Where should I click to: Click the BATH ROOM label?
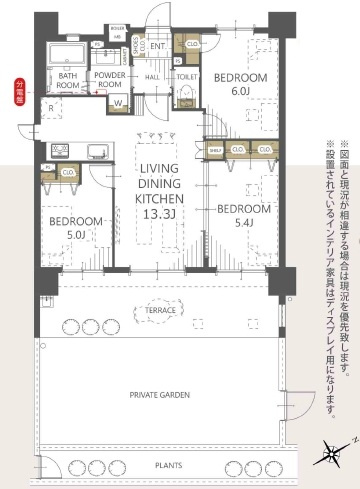click(69, 80)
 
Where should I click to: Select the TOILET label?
click(187, 75)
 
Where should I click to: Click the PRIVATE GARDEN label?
click(159, 395)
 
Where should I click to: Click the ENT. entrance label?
click(158, 45)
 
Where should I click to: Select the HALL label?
click(153, 75)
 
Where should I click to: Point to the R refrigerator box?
click(49, 107)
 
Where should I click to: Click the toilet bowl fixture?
click(186, 94)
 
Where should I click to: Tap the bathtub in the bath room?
click(69, 54)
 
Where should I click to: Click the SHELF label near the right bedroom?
click(214, 151)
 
